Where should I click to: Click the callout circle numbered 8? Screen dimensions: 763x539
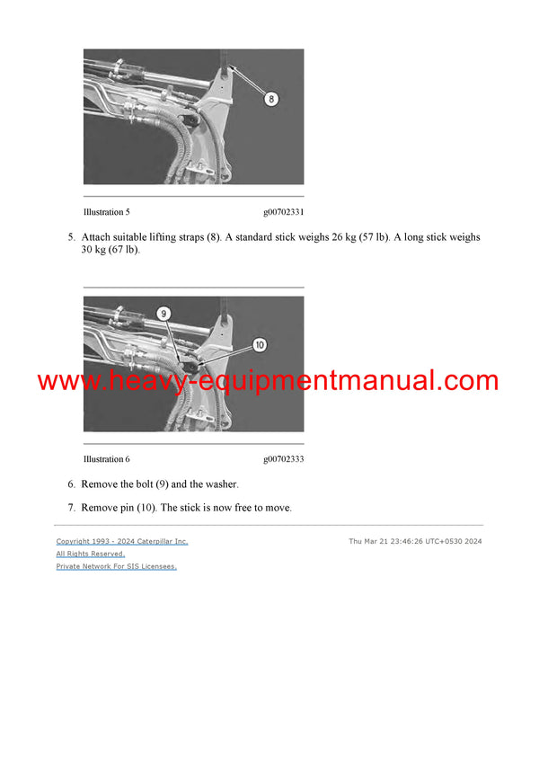coord(270,99)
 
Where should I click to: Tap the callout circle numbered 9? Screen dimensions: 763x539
coord(163,314)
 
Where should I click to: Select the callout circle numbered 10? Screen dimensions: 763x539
coord(259,344)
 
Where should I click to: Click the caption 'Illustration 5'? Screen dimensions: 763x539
coord(106,212)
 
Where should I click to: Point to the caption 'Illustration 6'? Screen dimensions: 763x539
coord(106,459)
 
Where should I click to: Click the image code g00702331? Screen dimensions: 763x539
coord(283,212)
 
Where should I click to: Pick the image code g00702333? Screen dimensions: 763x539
coord(283,459)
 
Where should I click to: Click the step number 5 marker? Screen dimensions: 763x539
coord(71,238)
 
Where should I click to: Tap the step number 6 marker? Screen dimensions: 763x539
coord(71,484)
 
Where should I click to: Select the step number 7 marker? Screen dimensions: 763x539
coord(71,509)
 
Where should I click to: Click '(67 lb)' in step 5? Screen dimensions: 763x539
coord(124,250)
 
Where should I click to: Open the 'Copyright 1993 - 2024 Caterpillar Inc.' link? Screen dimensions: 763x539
coord(122,542)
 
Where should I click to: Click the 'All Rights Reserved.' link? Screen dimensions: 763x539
coord(91,555)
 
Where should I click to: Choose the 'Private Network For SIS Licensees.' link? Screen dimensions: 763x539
coord(117,567)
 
